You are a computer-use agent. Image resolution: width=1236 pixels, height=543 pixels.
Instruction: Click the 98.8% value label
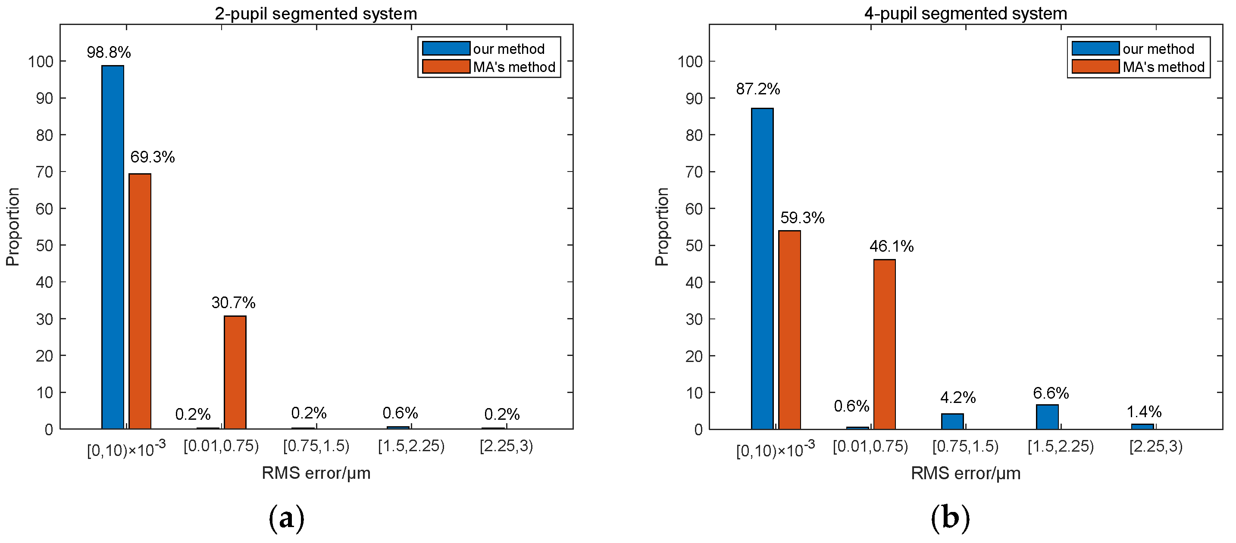point(109,52)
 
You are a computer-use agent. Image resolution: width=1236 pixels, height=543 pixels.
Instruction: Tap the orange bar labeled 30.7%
point(235,372)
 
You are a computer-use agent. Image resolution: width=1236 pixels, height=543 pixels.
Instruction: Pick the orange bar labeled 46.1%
point(884,344)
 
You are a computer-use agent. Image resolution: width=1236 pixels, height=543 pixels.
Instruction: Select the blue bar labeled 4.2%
point(952,421)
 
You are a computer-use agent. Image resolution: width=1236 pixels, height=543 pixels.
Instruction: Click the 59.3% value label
point(802,218)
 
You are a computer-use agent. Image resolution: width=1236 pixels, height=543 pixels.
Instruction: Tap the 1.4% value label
point(1144,412)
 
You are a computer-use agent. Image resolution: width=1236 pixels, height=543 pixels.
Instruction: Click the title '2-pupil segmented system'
point(316,13)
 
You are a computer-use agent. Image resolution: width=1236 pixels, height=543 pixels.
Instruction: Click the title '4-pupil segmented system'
point(965,13)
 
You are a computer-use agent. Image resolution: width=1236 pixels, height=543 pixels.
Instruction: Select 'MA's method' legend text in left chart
point(514,67)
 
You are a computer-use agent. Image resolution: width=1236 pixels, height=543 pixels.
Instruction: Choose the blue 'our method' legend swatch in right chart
point(1095,48)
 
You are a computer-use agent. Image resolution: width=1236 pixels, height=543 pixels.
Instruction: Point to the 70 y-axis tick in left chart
point(44,172)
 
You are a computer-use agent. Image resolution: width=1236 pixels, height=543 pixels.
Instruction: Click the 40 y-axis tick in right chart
point(694,282)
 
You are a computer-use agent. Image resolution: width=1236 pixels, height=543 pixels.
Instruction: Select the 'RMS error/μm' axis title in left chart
point(316,473)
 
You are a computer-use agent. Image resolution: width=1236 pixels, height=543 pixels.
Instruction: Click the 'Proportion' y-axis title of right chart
point(662,226)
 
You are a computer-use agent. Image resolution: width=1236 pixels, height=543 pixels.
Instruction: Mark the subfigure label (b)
point(950,518)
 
